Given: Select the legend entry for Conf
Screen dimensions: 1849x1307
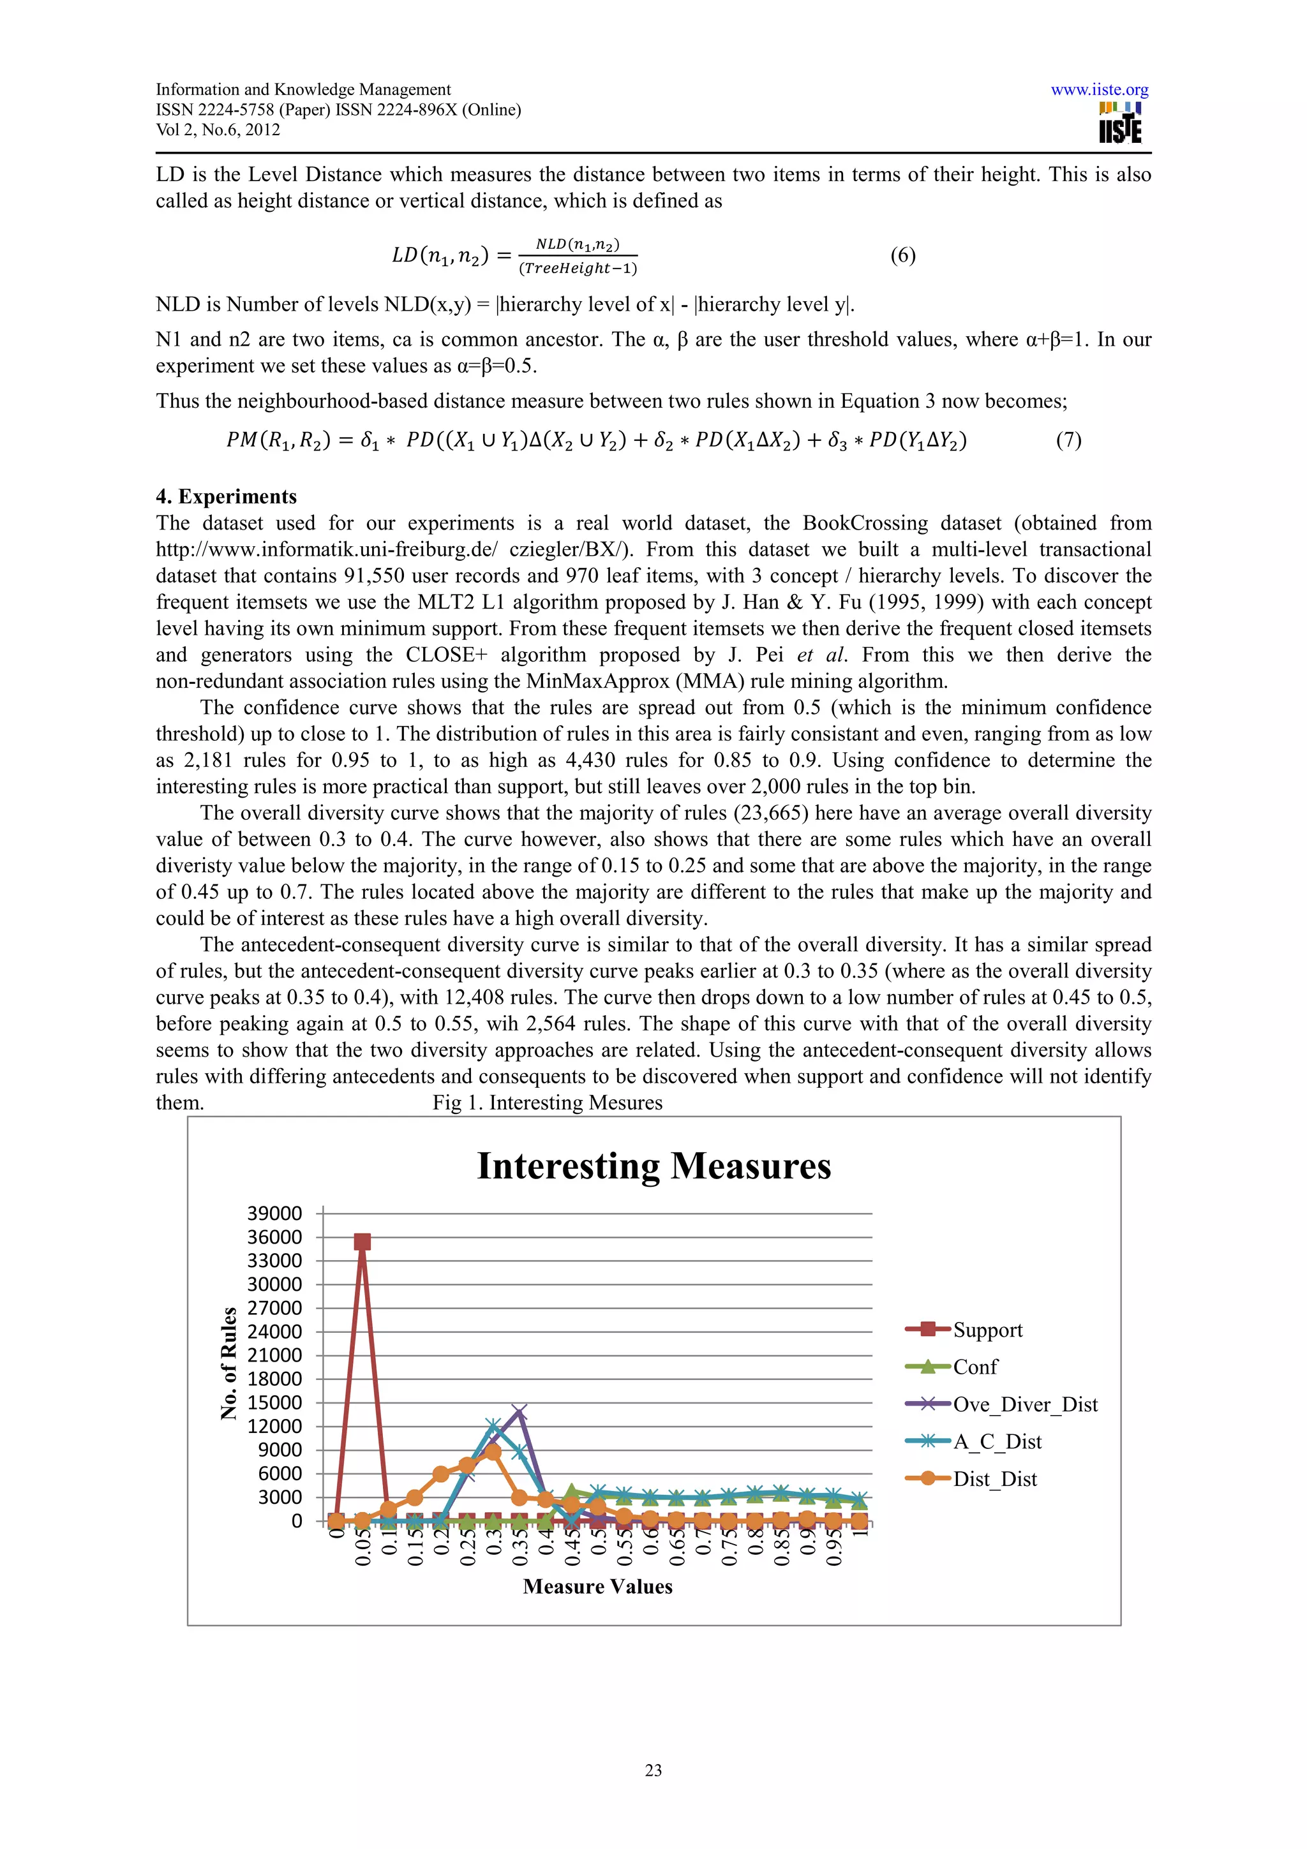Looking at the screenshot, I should (x=975, y=1367).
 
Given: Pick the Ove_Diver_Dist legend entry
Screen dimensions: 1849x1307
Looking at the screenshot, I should (x=1024, y=1404).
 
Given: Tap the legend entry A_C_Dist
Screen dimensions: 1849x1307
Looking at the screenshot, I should (x=996, y=1441).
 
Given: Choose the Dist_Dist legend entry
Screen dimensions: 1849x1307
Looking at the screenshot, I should (x=994, y=1478).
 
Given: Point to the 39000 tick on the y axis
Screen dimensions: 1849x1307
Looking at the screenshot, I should (x=274, y=1214).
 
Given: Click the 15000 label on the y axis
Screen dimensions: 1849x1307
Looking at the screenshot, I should (x=274, y=1402).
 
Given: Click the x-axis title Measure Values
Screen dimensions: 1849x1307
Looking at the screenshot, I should (x=597, y=1587).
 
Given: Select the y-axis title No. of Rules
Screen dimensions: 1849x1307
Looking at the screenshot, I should (x=228, y=1363).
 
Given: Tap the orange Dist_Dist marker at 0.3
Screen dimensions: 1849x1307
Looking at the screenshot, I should (x=494, y=1452).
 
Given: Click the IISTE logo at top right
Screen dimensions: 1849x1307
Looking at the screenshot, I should (x=1120, y=123).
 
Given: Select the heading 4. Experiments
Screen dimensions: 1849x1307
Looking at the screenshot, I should (x=227, y=496).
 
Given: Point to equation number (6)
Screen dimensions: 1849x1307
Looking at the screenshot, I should (x=903, y=255).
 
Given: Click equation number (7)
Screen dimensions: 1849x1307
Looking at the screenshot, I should (x=1068, y=440).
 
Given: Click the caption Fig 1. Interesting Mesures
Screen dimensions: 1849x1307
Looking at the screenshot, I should (x=548, y=1103).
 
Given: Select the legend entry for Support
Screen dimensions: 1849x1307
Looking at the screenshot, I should (x=987, y=1330).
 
